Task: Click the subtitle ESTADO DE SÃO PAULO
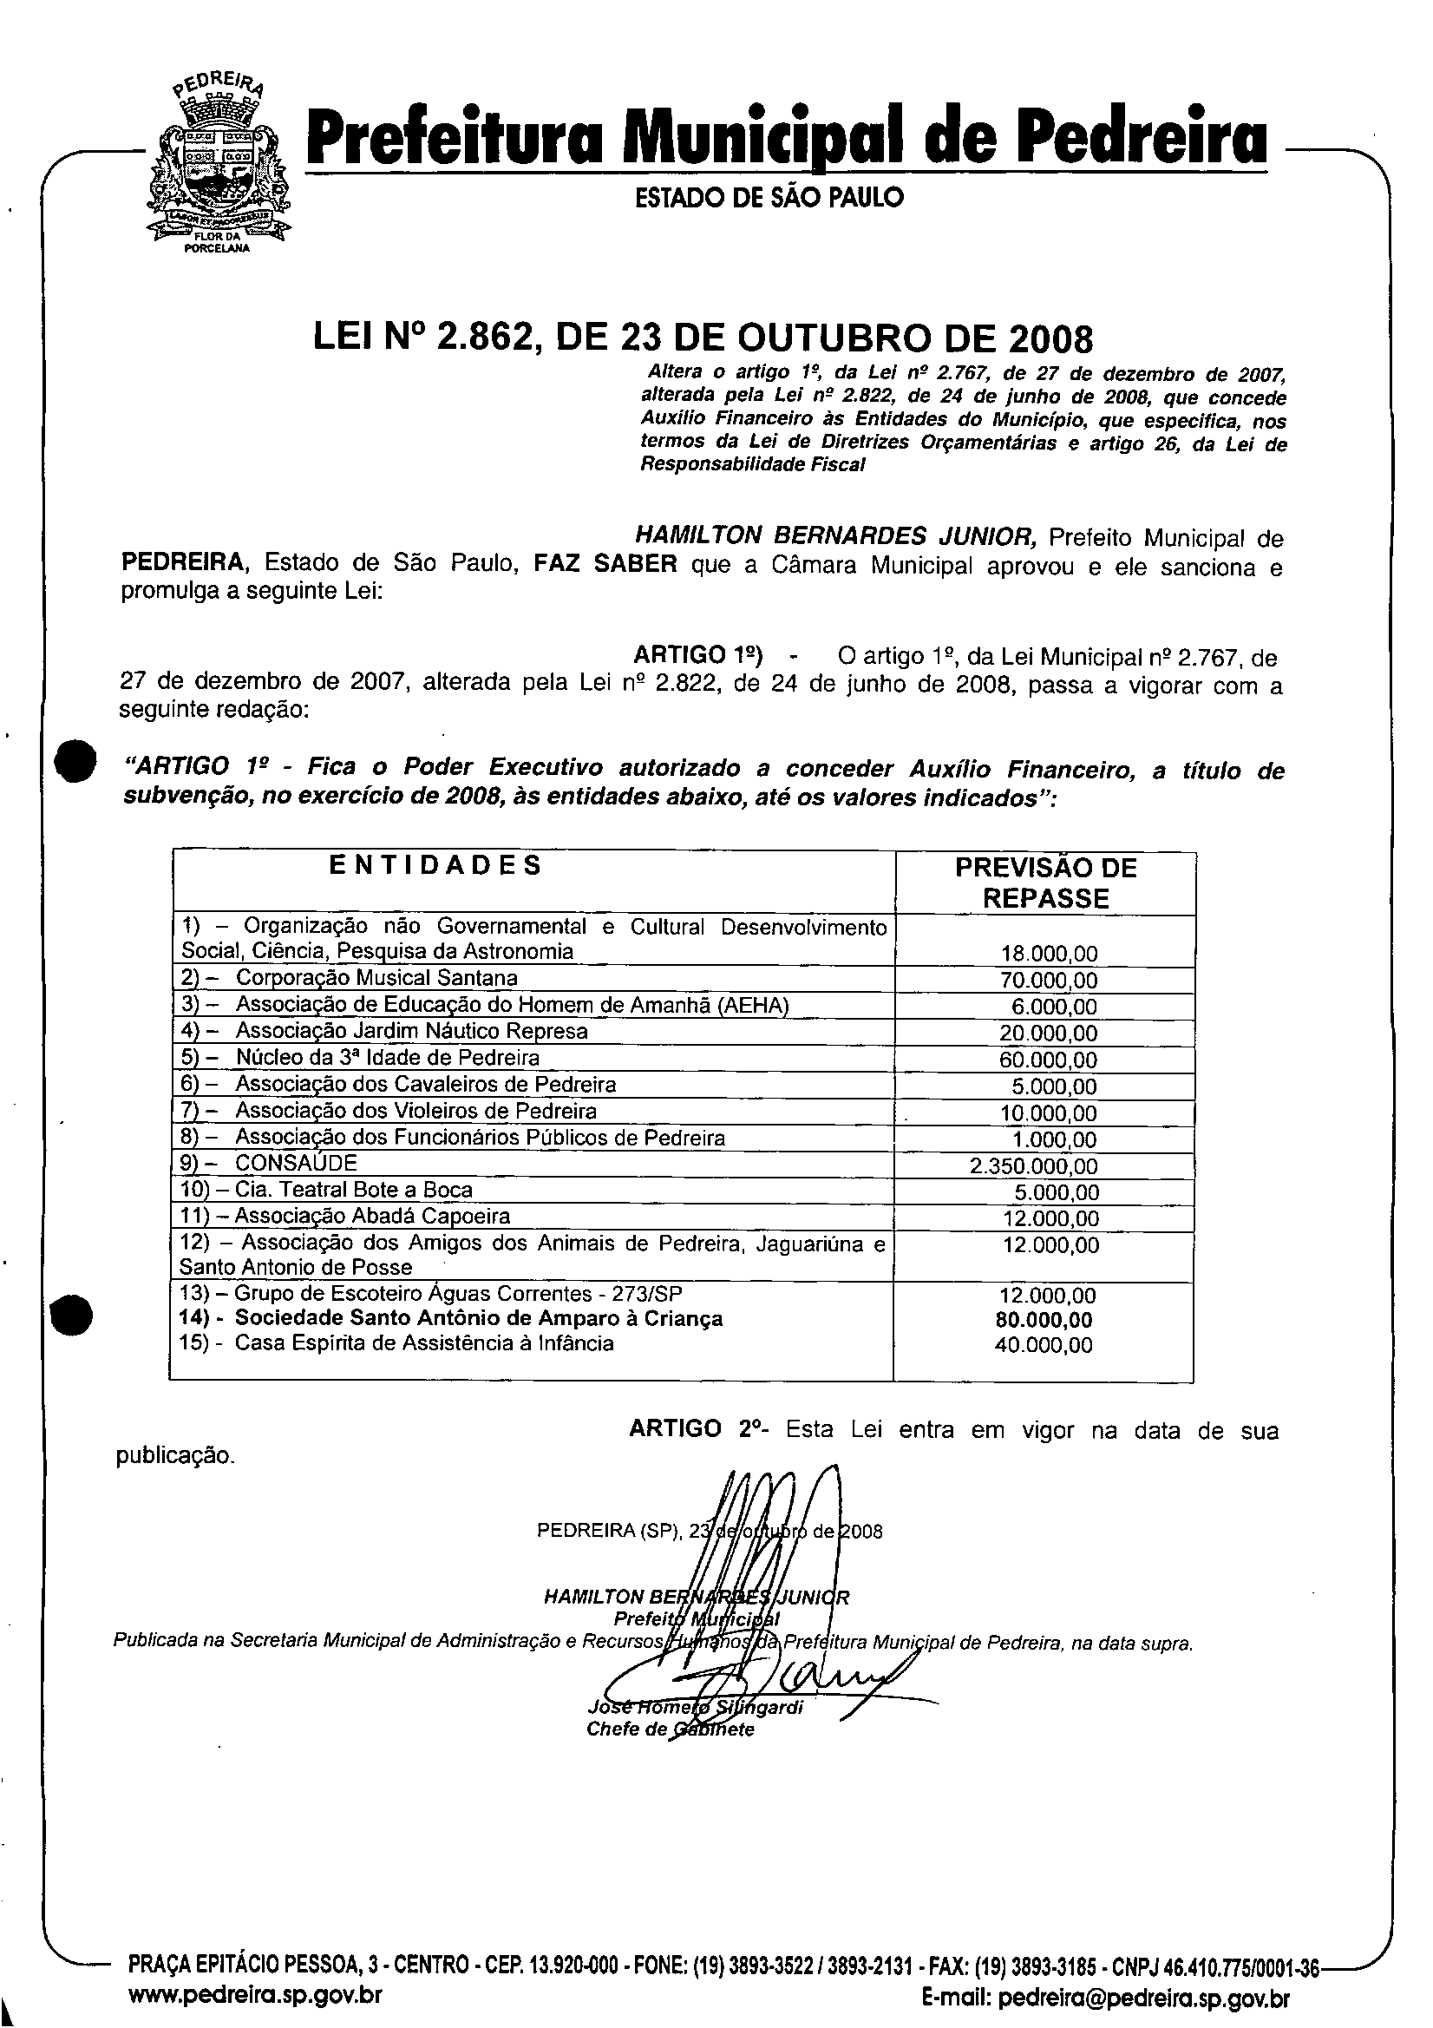point(769,198)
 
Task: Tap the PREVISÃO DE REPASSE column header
point(1045,883)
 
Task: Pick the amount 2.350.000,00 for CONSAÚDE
point(1034,1166)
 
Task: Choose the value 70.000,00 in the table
point(1049,981)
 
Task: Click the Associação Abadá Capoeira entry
point(372,1217)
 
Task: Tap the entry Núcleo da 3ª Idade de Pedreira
point(387,1057)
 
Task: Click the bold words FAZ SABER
point(605,563)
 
